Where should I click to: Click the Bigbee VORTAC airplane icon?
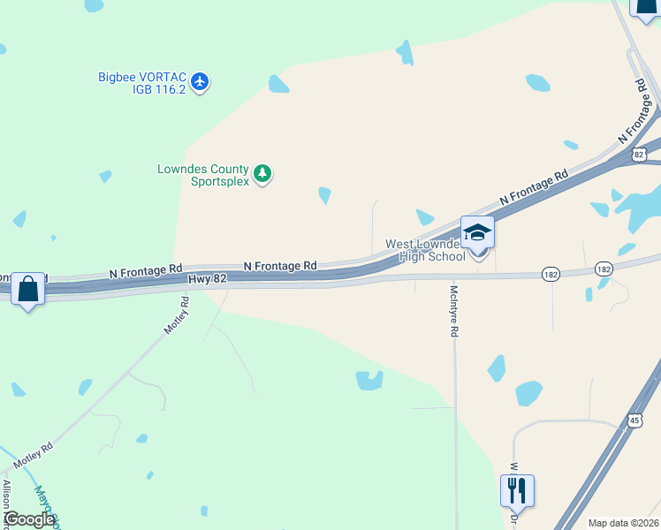tap(201, 82)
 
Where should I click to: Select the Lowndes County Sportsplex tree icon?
tap(262, 174)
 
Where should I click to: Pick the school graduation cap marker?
tap(477, 233)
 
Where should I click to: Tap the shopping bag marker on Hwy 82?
tap(27, 289)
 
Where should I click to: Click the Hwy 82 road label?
tap(209, 278)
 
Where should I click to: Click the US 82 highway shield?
tap(640, 155)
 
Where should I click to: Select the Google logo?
tap(28, 519)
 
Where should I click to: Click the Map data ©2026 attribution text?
tap(623, 523)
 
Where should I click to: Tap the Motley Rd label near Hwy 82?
tap(178, 315)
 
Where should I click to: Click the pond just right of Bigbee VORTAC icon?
tap(278, 85)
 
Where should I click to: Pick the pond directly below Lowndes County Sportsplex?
tap(324, 195)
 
